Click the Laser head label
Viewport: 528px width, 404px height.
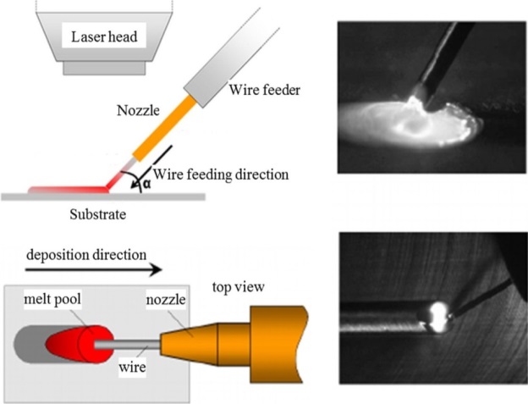click(x=104, y=36)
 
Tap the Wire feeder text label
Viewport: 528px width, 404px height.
click(x=264, y=90)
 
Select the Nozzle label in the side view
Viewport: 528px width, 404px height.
click(x=138, y=110)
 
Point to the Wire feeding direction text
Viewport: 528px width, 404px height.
click(x=221, y=174)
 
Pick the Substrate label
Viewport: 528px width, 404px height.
click(x=98, y=214)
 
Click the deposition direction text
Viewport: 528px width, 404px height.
click(x=86, y=255)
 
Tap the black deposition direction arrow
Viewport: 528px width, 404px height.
click(x=94, y=269)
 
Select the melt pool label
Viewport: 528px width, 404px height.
click(x=52, y=299)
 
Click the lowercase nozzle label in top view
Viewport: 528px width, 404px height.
click(x=166, y=300)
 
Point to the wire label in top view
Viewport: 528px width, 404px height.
click(x=132, y=367)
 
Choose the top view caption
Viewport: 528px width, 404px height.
click(x=239, y=287)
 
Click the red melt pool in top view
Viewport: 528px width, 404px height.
click(x=80, y=344)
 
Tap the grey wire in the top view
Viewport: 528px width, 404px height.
click(x=127, y=345)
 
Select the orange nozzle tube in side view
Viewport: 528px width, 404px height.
click(x=164, y=128)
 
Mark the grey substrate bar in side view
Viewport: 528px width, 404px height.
click(x=103, y=196)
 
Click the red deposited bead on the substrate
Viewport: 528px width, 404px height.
click(x=69, y=190)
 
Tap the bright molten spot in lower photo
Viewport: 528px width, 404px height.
click(x=437, y=316)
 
